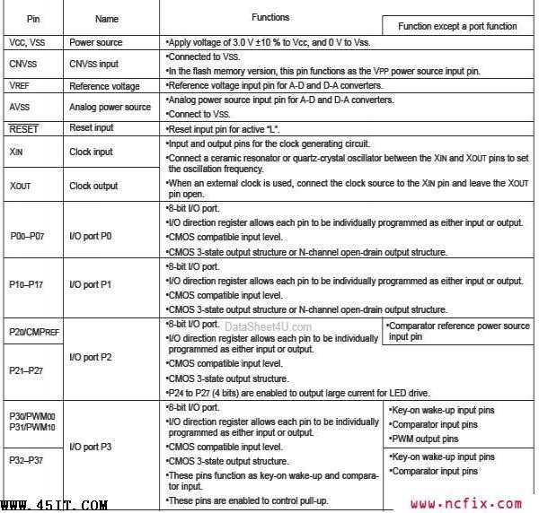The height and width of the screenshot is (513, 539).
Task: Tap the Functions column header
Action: click(270, 17)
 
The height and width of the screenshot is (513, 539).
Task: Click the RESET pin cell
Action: click(23, 129)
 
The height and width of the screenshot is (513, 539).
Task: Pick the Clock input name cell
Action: click(91, 152)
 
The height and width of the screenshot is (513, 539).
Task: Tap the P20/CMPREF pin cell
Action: click(34, 331)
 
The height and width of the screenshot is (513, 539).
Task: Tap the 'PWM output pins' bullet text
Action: click(426, 439)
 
